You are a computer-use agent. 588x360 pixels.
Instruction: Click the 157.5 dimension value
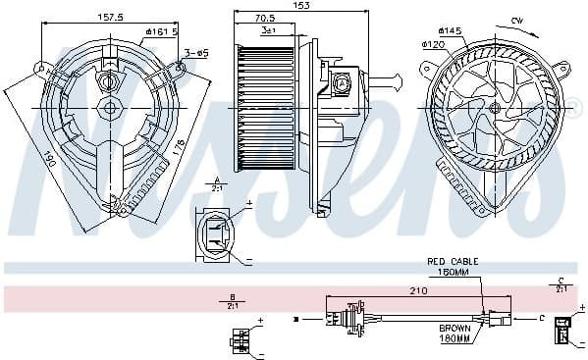point(110,17)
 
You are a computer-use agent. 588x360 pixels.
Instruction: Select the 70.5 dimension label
point(265,18)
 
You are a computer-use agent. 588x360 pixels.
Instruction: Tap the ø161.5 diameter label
point(160,31)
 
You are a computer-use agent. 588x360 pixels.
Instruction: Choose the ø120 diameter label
point(435,44)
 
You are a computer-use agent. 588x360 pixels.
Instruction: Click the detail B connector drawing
point(240,339)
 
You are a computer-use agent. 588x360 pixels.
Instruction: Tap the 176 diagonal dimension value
point(178,147)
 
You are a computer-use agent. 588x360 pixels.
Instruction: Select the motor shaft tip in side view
point(396,77)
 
